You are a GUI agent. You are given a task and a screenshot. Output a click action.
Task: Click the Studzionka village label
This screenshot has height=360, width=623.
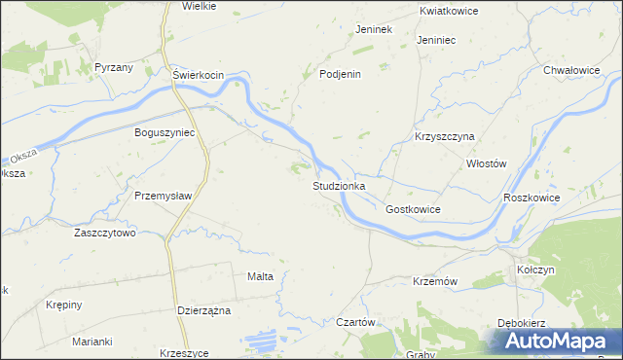339,185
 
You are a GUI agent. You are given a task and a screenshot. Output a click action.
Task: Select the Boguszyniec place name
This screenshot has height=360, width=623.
165,132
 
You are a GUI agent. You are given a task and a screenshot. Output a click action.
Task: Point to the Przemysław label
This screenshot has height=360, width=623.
163,195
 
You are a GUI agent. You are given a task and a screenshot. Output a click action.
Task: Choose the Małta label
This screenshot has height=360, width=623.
260,276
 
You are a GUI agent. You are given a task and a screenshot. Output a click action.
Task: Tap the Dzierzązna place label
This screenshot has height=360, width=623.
203,310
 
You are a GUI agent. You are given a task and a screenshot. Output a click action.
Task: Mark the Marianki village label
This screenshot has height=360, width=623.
92,342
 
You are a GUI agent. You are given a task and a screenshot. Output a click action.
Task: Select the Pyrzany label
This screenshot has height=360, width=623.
114,67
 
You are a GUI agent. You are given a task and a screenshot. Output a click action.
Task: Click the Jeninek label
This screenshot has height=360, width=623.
373,29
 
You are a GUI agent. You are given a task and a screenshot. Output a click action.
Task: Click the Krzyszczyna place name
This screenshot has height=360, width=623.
443,137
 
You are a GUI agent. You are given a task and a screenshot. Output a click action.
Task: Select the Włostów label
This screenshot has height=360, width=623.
487,164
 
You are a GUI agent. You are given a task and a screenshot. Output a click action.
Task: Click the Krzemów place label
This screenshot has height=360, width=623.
435,281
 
